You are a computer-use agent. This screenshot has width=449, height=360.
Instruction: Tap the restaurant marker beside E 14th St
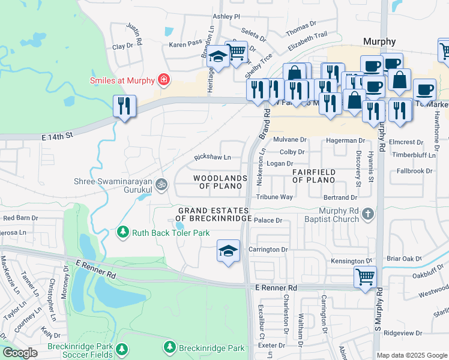125,107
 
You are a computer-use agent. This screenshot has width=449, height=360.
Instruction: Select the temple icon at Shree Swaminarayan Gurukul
161,184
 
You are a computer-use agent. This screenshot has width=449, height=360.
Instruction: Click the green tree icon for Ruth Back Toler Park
123,231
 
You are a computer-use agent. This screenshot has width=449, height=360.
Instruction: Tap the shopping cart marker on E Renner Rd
366,278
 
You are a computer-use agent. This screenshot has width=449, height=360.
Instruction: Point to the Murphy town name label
379,41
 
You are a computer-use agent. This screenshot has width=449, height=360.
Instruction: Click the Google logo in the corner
20,353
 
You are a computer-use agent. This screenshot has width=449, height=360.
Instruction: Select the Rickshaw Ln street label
212,158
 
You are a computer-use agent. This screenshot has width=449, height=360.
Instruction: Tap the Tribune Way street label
274,197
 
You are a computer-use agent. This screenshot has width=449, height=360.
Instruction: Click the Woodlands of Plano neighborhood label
220,182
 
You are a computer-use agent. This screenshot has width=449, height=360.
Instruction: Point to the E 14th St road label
57,137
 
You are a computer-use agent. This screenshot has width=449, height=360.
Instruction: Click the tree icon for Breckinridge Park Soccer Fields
122,349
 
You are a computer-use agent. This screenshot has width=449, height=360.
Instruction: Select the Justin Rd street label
134,34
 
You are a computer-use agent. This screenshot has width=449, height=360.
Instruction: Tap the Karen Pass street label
185,44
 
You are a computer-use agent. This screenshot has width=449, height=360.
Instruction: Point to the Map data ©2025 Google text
412,355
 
